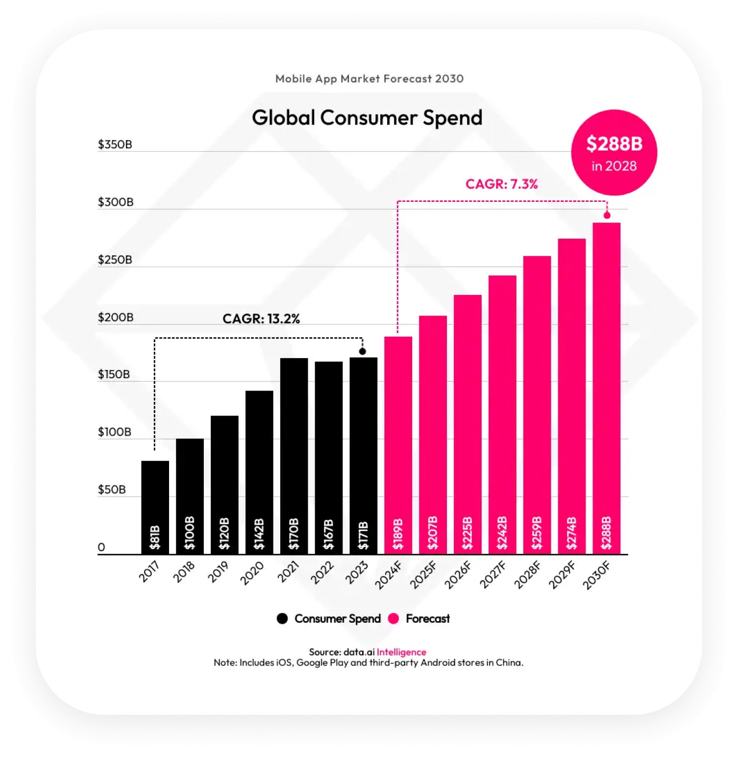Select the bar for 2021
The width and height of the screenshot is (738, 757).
coord(294,456)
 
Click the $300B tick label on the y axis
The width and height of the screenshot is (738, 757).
coord(116,202)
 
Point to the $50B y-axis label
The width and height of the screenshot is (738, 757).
coord(112,489)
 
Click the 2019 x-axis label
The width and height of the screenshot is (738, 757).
coord(219,572)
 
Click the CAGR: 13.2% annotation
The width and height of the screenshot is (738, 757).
coord(261,319)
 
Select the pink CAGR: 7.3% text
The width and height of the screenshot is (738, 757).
coord(501,184)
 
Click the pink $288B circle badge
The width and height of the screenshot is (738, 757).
coord(614,152)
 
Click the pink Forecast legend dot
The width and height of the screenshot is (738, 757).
coord(394,619)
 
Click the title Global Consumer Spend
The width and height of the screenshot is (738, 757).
coord(367,118)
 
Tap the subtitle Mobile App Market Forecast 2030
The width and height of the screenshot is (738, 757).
coord(369,79)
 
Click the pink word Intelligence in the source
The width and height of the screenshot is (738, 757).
coord(401,652)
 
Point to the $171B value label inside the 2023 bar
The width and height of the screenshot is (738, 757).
coord(363,536)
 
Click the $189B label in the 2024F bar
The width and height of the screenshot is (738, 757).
coord(398,535)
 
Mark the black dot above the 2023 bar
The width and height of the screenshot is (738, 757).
coord(363,351)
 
